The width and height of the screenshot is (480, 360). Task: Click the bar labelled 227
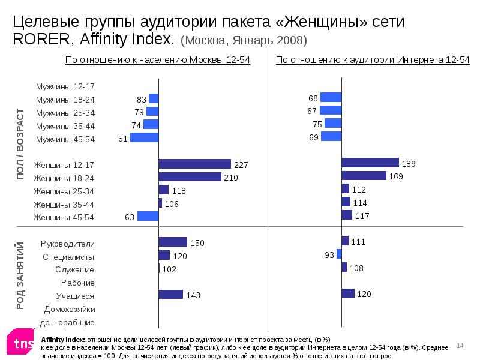(194, 164)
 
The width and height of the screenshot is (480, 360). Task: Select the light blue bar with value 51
(144, 137)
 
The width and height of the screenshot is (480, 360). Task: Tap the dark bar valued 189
(370, 163)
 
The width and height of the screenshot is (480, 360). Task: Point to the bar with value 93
(339, 254)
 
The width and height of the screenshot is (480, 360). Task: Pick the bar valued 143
(170, 294)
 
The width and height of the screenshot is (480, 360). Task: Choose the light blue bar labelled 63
(148, 216)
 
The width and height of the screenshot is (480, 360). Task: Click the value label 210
(231, 178)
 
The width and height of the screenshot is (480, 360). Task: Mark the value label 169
(396, 177)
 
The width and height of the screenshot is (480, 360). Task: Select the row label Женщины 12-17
(64, 165)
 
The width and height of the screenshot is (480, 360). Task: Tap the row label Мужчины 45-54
(65, 139)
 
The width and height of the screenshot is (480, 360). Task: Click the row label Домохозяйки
(70, 310)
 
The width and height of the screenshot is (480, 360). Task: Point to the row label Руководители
(67, 244)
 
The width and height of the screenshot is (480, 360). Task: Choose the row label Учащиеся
(75, 296)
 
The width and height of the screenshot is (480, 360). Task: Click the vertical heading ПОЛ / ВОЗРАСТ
(20, 143)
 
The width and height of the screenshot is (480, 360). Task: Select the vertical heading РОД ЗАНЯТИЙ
(20, 275)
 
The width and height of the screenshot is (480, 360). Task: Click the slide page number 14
(461, 345)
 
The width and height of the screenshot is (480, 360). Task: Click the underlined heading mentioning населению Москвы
(157, 60)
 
